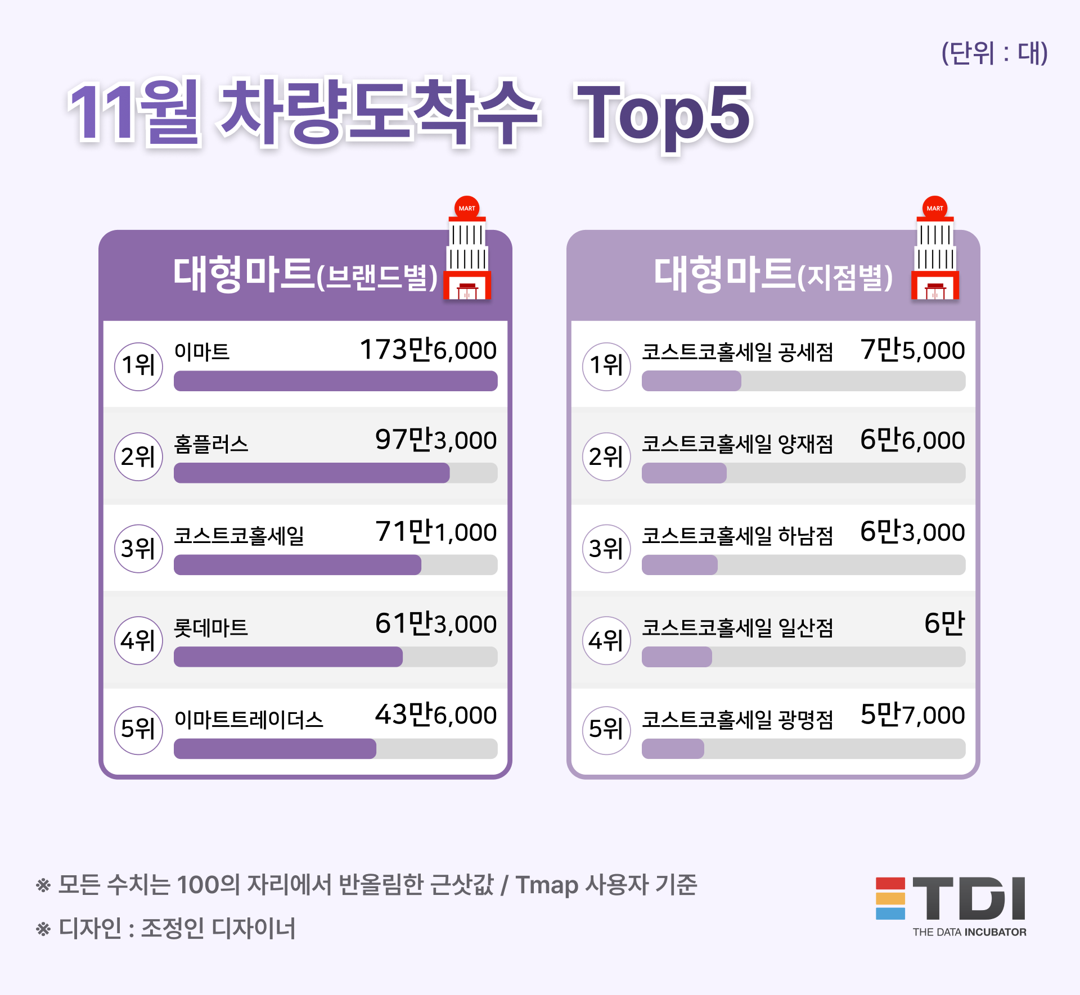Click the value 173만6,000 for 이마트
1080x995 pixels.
pos(428,350)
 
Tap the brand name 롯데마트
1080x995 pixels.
pos(211,627)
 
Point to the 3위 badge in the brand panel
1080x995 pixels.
pos(138,548)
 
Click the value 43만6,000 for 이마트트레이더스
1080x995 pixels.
pos(436,715)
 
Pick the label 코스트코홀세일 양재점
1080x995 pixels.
pos(737,444)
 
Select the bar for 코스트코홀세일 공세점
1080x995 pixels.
pos(691,381)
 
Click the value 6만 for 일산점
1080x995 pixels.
pos(944,623)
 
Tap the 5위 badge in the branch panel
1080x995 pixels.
pos(606,730)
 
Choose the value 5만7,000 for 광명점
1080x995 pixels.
pos(912,715)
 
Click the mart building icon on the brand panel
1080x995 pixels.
pos(467,250)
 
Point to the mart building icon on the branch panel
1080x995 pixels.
pos(935,250)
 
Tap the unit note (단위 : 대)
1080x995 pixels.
pos(994,53)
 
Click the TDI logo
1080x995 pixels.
pos(951,905)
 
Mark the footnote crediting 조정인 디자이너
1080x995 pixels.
pos(166,928)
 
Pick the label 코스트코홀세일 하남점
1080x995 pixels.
pos(737,535)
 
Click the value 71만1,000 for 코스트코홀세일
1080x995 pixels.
pos(436,532)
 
